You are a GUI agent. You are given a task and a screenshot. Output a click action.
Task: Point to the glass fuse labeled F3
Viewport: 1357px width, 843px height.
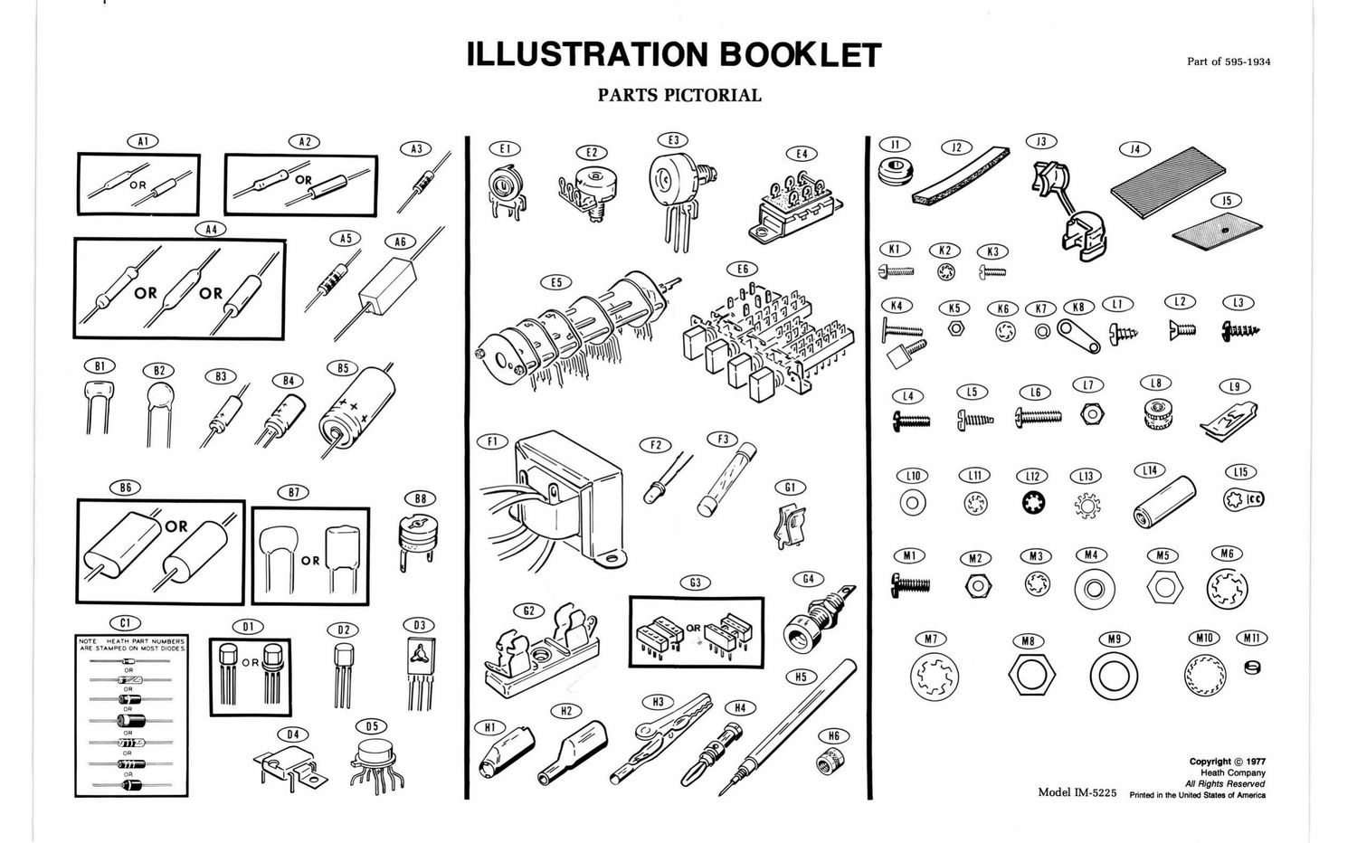tap(720, 479)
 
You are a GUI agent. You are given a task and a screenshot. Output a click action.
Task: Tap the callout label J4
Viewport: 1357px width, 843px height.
tap(1134, 148)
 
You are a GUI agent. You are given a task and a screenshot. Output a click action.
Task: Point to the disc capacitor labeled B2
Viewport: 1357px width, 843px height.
tap(158, 409)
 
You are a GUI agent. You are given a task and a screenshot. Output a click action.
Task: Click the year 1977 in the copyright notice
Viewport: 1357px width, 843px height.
tap(1252, 762)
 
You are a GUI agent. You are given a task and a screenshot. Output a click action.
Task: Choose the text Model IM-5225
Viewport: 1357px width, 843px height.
tap(1077, 793)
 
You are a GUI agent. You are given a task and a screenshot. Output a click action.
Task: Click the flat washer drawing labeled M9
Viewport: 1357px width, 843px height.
tap(1113, 675)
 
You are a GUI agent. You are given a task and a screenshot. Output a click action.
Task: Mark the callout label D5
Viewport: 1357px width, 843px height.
tap(371, 726)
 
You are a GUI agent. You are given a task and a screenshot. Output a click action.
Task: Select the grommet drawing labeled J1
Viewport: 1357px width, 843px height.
tap(896, 169)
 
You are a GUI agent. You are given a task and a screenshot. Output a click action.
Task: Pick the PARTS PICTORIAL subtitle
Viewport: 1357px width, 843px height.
tap(679, 95)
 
